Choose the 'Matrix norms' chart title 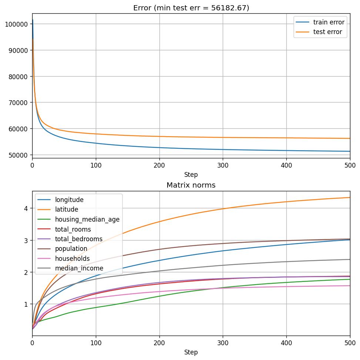(191, 185)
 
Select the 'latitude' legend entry (67, 209)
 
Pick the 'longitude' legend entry (69, 200)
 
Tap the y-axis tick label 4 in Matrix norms (26, 208)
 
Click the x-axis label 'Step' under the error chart (191, 175)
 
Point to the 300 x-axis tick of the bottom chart (223, 343)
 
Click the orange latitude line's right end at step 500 (349, 198)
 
